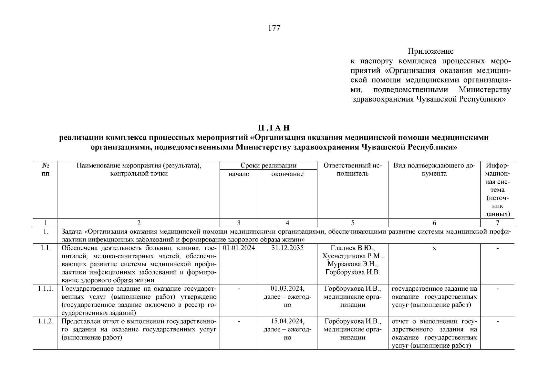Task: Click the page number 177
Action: point(274,28)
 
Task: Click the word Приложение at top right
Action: point(430,51)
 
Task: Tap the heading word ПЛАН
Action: point(274,128)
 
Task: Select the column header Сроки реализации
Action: point(268,166)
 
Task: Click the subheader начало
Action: point(239,174)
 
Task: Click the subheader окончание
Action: point(287,174)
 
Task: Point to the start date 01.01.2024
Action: point(239,248)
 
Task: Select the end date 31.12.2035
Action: point(287,248)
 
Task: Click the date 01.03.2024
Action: point(287,288)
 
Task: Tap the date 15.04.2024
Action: point(287,321)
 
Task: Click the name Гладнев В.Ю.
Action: point(353,248)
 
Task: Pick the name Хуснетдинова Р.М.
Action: point(353,256)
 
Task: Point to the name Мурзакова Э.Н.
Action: point(353,264)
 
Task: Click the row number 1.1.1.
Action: point(46,288)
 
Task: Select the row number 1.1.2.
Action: point(46,321)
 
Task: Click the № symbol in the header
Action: point(46,166)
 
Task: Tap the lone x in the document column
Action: point(434,248)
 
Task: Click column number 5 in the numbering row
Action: point(353,222)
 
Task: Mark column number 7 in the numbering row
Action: point(497,222)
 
